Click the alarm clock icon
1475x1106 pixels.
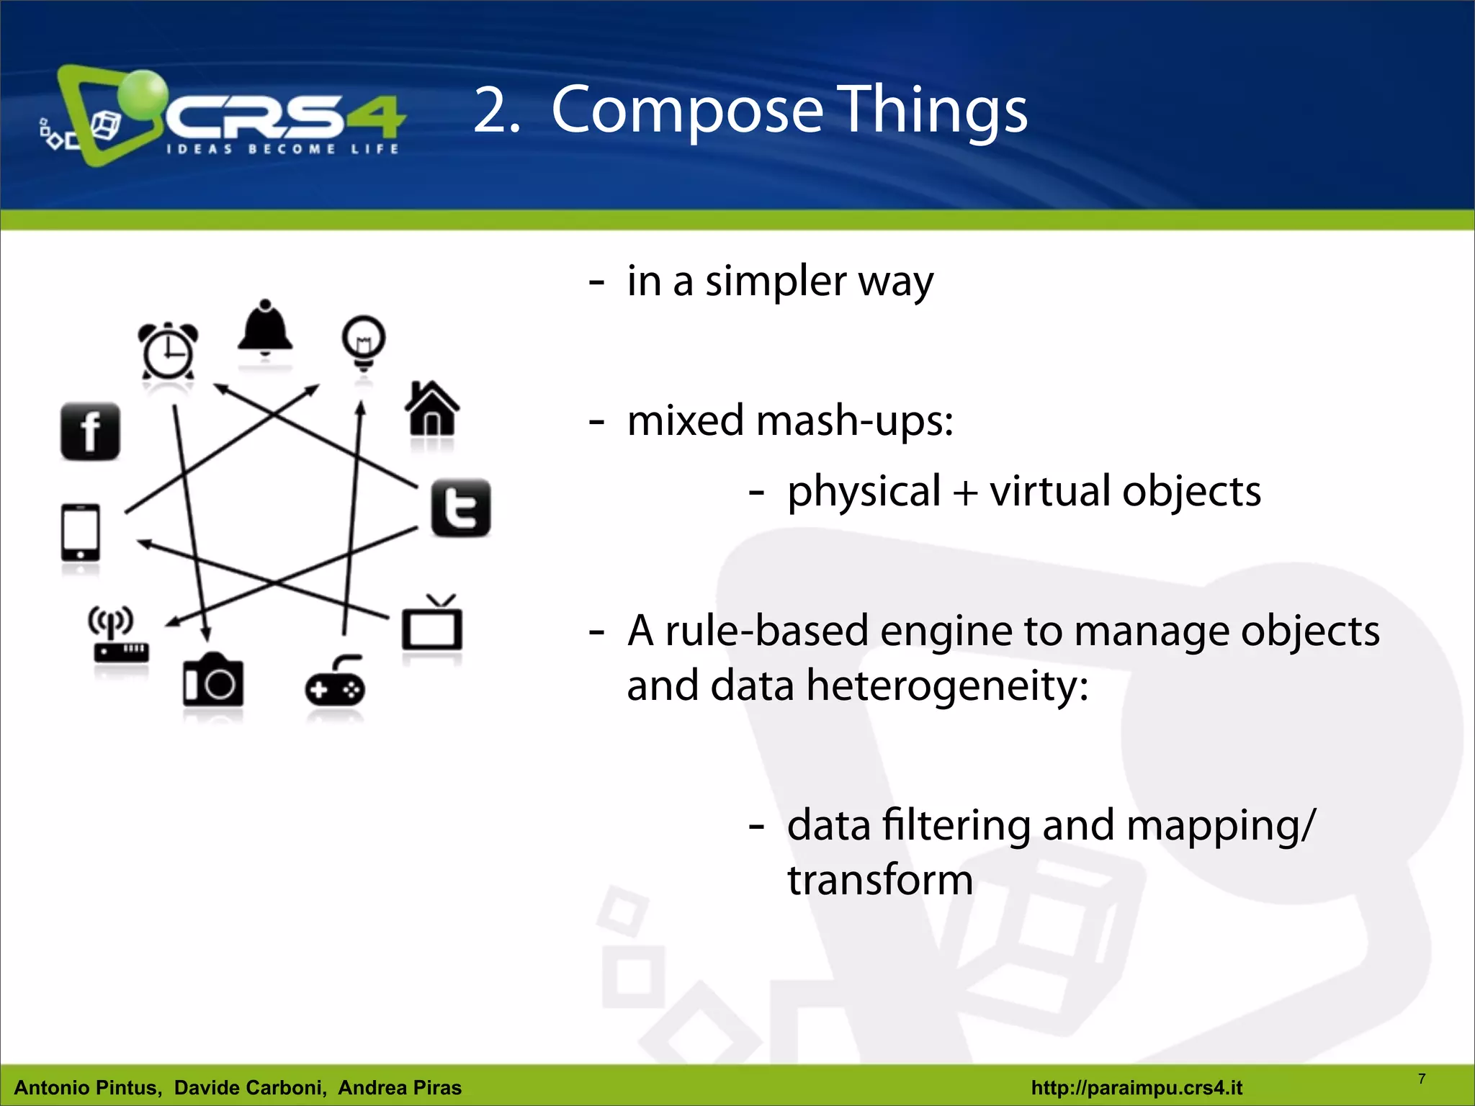coord(168,351)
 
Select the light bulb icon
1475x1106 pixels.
coord(364,341)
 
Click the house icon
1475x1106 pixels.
coord(432,408)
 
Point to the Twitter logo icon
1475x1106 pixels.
coord(461,508)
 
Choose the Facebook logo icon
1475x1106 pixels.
coord(90,431)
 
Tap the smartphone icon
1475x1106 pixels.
coord(81,532)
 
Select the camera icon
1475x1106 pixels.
coord(212,680)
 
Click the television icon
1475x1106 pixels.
coord(432,624)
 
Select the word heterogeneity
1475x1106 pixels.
coord(946,685)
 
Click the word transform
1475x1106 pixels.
coord(879,880)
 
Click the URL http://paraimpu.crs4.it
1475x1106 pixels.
coord(1136,1087)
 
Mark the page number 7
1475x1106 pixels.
coord(1422,1079)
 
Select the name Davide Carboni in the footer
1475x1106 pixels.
coord(250,1087)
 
